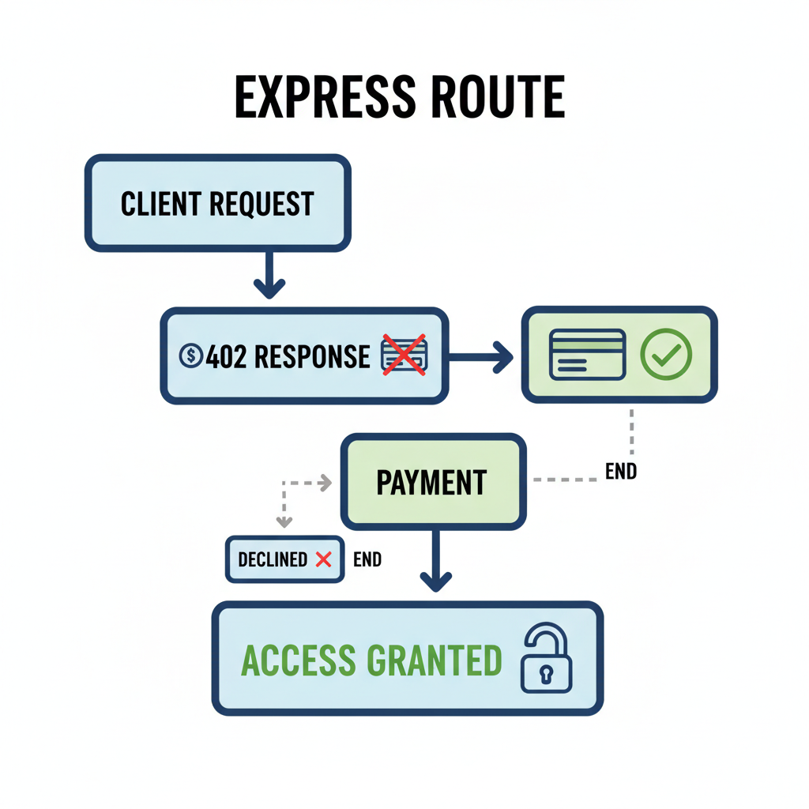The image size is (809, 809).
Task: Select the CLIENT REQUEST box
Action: point(217,204)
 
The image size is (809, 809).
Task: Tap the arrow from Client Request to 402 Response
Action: point(269,277)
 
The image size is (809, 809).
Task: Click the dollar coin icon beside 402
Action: point(191,356)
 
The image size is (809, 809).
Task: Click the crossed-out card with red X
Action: point(404,354)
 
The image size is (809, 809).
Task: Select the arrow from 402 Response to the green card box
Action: point(482,356)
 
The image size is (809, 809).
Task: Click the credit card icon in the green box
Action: point(587,355)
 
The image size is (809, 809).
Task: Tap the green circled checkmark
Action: point(666,355)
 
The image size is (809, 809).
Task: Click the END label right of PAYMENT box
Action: point(621,472)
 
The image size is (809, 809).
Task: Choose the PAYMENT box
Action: point(433,482)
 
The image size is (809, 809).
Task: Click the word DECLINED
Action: point(273,560)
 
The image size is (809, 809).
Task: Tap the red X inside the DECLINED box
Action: point(323,559)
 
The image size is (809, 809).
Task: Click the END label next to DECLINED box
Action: point(367,560)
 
